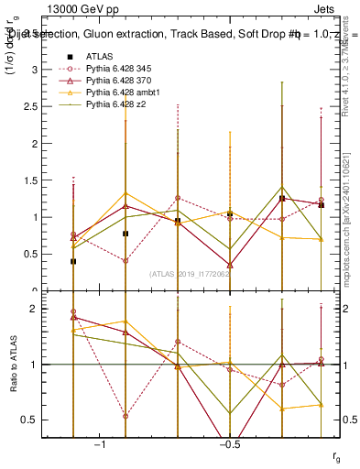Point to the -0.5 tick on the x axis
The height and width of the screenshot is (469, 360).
coord(228,444)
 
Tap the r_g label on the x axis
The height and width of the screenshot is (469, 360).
coord(336,454)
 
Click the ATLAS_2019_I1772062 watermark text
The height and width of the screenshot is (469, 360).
coord(191,274)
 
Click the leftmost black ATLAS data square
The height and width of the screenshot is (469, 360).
coord(73,261)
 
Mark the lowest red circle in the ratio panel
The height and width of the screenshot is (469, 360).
coord(125,416)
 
